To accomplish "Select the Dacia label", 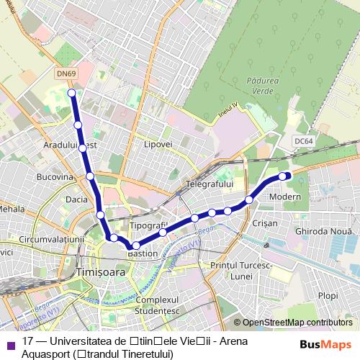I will (76, 198).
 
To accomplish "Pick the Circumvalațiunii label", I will (53, 238).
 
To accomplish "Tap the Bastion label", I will (142, 253).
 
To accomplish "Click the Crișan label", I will (266, 224).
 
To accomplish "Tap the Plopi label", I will (328, 295).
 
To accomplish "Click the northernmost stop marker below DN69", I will (71, 93).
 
